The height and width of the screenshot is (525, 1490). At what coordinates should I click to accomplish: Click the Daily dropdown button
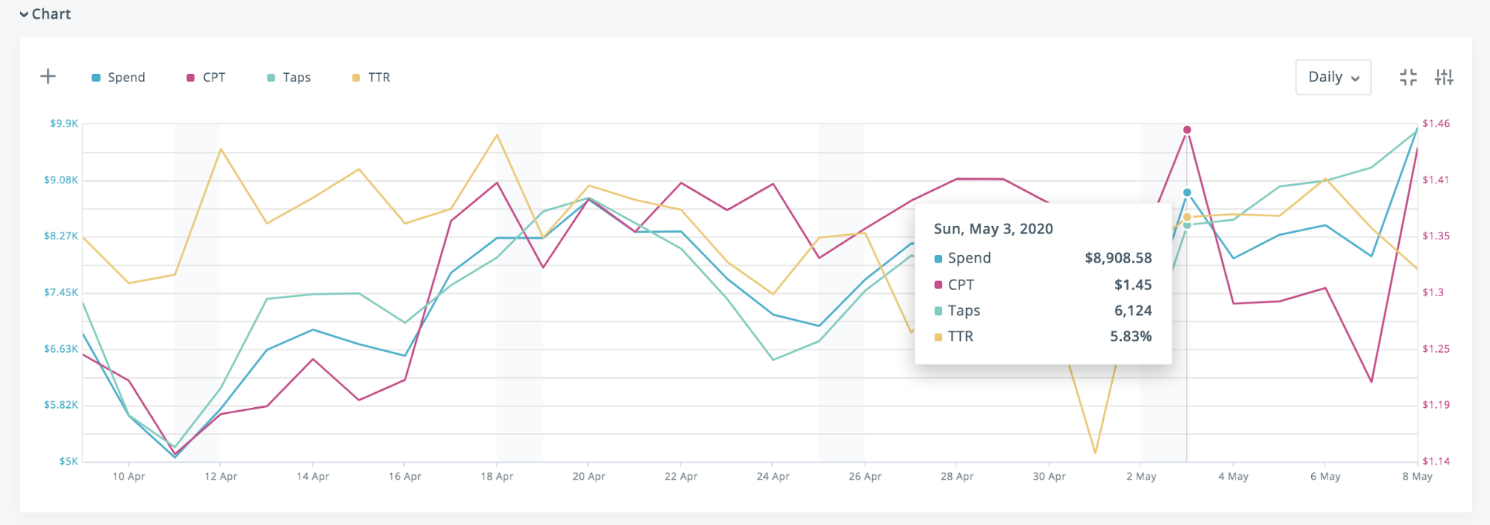tap(1333, 77)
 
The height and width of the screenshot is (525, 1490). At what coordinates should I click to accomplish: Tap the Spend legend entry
tap(119, 78)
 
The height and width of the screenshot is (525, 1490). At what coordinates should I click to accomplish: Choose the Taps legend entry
tap(289, 78)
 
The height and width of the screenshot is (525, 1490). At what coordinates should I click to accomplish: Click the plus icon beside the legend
tap(48, 76)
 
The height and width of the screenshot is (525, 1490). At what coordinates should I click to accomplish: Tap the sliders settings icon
tap(1444, 77)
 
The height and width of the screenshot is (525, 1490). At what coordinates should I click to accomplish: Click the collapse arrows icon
tap(1408, 77)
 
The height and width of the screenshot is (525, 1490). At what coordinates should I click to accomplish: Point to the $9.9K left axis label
tap(64, 123)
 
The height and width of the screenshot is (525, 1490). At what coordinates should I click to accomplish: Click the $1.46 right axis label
tap(1436, 123)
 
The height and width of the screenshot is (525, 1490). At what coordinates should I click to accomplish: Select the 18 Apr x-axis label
tap(496, 477)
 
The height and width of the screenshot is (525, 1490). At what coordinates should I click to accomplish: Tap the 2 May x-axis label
tap(1141, 477)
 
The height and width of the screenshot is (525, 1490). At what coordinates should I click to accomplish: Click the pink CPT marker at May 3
tap(1187, 130)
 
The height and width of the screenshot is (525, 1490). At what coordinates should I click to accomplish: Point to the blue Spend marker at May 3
tap(1187, 192)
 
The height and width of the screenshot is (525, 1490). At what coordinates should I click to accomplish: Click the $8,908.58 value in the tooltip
tap(1118, 258)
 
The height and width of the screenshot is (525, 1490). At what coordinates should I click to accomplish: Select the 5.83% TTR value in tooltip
tap(1131, 336)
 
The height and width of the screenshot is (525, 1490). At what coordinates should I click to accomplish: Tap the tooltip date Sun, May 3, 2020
tap(993, 229)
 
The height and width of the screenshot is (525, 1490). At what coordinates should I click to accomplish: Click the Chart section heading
tap(46, 14)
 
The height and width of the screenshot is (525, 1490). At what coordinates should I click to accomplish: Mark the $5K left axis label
tap(69, 462)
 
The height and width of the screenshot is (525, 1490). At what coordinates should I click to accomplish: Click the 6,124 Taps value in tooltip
tap(1133, 310)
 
